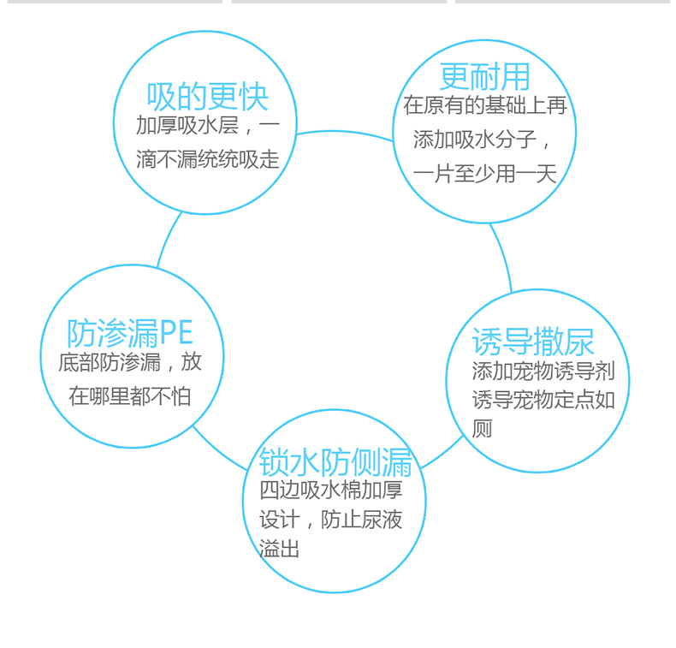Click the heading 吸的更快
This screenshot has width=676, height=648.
click(208, 96)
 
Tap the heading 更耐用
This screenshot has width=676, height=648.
click(484, 77)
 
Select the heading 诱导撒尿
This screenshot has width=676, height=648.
click(533, 342)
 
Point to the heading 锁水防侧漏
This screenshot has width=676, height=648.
click(335, 462)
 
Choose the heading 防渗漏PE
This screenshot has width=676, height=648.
click(130, 333)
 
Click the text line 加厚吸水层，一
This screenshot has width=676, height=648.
click(208, 126)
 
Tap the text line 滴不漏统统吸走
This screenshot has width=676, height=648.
click(208, 160)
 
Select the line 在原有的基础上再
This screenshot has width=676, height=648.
click(485, 106)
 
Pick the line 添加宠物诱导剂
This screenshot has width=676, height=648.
click(538, 374)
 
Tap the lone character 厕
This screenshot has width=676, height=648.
click(483, 429)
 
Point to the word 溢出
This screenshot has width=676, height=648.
click(280, 549)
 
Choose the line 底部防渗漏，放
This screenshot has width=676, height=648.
click(130, 363)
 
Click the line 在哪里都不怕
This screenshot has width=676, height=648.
click(130, 396)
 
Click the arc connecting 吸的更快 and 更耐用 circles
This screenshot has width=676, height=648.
click(342, 132)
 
